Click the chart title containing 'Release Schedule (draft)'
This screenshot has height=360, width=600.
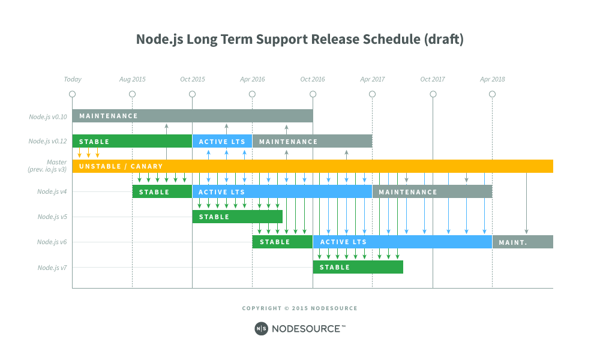[x=299, y=40]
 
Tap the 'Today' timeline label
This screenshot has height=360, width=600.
[x=73, y=79]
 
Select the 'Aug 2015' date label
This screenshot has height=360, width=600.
[x=132, y=79]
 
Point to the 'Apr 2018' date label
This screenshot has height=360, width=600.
[x=492, y=79]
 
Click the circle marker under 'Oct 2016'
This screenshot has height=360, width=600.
[x=313, y=94]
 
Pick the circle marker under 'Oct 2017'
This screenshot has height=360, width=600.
[x=433, y=94]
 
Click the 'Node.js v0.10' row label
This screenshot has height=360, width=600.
[x=48, y=116]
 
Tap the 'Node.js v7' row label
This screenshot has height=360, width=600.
[x=52, y=268]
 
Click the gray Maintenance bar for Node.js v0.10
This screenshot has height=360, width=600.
[x=192, y=116]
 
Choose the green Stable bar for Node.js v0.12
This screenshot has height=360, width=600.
[x=132, y=142]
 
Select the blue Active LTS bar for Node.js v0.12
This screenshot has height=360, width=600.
[x=222, y=142]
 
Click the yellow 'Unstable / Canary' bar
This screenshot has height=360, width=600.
[x=312, y=166]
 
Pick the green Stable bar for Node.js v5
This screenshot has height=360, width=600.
[x=237, y=217]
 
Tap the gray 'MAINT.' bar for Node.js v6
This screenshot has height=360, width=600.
[x=522, y=242]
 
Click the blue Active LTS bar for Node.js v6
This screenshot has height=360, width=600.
[x=402, y=242]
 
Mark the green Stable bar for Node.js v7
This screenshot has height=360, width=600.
[x=358, y=267]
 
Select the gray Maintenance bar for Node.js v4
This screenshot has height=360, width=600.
[x=432, y=192]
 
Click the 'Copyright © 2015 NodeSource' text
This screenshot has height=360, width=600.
[x=299, y=308]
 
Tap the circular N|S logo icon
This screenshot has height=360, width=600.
[x=261, y=328]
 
